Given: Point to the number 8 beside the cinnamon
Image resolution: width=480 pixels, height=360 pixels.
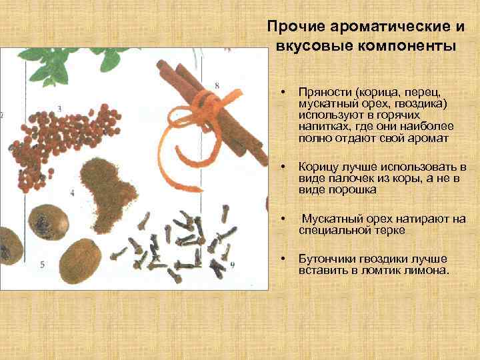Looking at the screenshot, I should pos(217,85).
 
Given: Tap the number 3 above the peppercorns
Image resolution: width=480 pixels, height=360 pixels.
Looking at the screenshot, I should pos(59,108).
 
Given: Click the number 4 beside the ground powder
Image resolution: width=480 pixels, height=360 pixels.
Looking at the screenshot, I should pos(72,193).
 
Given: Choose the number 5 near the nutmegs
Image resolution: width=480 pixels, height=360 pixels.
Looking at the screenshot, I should pos(43,265).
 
